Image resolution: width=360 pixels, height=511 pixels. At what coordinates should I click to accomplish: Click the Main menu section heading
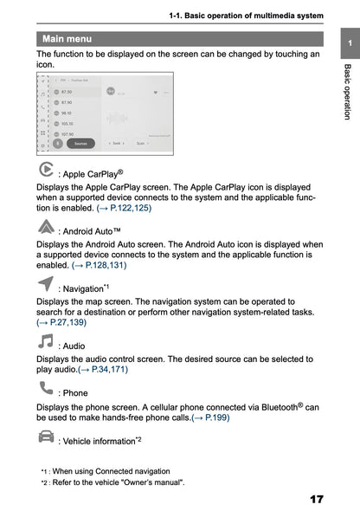(x=67, y=39)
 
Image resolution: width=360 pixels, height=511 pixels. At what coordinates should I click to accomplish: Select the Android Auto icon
(x=46, y=228)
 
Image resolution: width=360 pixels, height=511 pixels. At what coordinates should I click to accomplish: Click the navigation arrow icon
(x=45, y=285)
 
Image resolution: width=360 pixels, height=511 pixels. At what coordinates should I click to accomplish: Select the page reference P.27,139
(x=61, y=322)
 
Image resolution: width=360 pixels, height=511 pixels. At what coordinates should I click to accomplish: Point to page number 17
(x=315, y=500)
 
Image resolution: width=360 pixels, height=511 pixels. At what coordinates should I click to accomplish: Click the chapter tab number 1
(x=348, y=43)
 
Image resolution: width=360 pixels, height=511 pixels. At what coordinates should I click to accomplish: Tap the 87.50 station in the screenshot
(x=67, y=91)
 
